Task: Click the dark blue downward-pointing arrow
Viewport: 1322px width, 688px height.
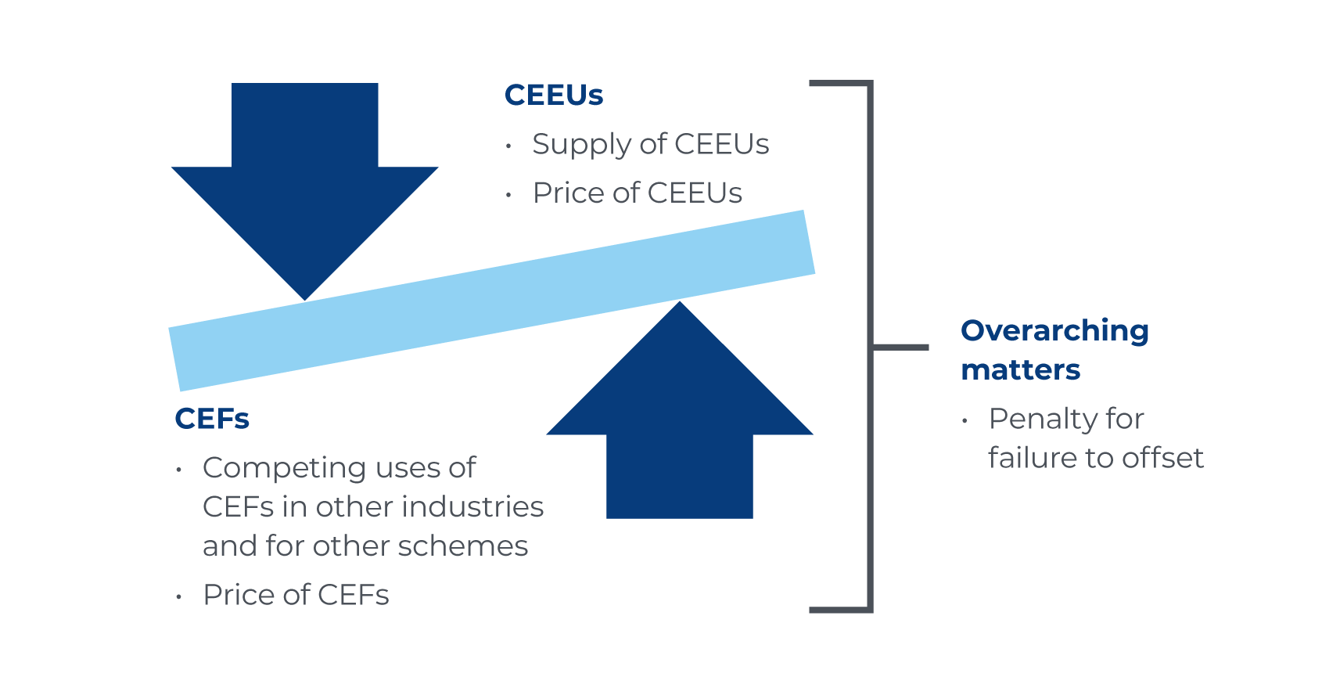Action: (305, 180)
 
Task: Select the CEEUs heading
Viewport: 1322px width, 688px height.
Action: (554, 95)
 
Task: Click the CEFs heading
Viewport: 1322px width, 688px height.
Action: (212, 419)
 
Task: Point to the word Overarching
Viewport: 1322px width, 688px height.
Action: (1054, 331)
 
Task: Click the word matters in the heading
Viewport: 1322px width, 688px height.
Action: (1020, 369)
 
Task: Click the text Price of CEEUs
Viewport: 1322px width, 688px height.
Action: (637, 193)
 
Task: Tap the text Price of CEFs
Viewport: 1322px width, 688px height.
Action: (296, 595)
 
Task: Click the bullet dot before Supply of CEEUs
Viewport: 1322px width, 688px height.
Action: (509, 146)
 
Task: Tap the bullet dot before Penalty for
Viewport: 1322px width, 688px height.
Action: (965, 421)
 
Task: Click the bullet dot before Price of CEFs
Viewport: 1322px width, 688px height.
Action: (179, 597)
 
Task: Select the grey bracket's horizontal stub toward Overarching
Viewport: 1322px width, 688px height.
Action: (900, 346)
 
